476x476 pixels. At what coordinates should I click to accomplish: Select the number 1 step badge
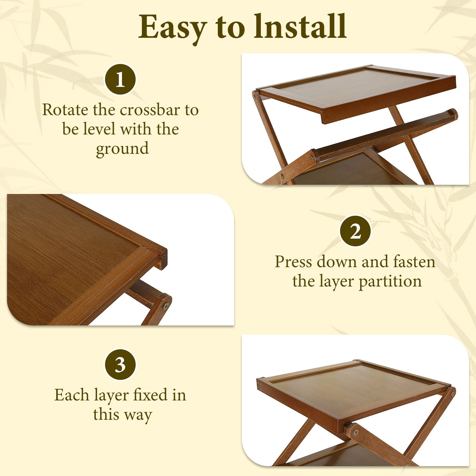(120, 79)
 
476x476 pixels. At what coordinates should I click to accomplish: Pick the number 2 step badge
(356, 231)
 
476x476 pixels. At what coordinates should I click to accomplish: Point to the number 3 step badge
(120, 364)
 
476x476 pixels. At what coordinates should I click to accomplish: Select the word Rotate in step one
(65, 110)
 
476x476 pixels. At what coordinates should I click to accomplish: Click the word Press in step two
(293, 262)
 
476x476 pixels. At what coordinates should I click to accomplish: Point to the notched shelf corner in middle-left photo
(162, 258)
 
